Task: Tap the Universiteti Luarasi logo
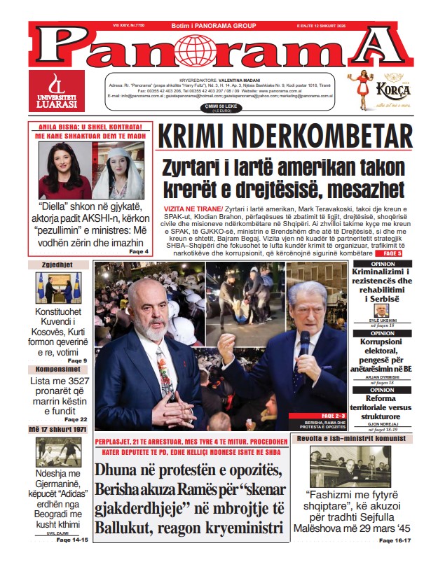point(57,91)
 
